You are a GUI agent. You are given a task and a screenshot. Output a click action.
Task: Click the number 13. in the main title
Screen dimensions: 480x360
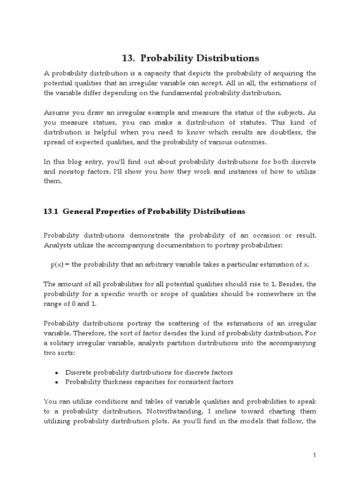tap(128, 58)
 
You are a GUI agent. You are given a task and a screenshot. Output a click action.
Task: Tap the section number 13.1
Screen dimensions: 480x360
tap(50, 211)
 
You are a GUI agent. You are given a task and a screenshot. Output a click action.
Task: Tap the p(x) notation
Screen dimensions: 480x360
tap(59, 264)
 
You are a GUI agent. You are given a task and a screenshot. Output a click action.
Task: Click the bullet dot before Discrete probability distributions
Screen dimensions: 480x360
tap(57, 373)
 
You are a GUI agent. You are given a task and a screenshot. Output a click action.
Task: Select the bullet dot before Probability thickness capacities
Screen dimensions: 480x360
tap(57, 382)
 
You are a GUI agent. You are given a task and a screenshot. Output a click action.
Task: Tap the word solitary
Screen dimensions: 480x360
tap(64, 343)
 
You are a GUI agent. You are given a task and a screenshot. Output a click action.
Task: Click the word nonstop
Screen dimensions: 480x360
tap(73, 172)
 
